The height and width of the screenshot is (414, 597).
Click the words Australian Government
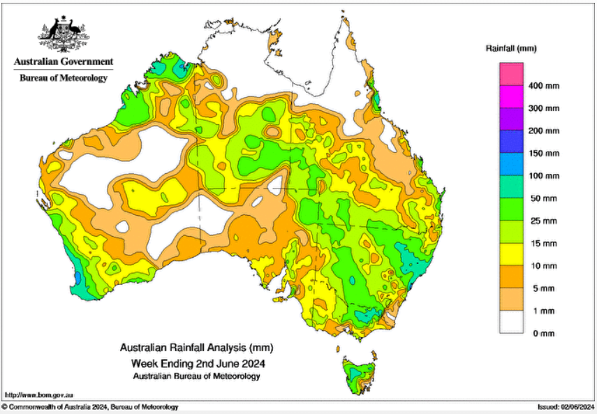pos(63,62)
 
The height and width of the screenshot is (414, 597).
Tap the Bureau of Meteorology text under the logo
pos(63,77)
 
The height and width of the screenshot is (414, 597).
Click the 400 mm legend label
pos(544,86)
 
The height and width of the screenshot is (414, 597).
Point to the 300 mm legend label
pos(544,108)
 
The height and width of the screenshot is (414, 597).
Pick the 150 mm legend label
pos(544,154)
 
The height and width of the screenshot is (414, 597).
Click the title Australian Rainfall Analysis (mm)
pos(196,347)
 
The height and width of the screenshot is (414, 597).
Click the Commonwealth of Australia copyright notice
pos(91,407)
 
